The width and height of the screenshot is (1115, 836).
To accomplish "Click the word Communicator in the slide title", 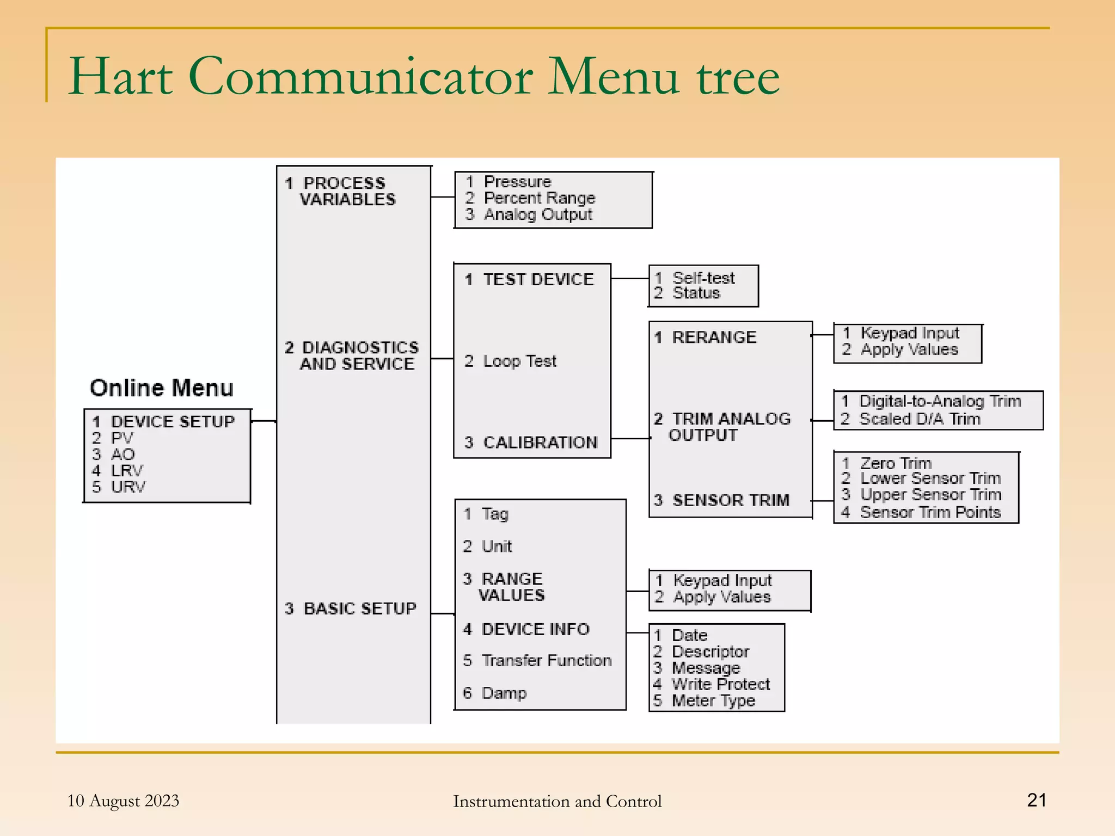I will click(x=361, y=77).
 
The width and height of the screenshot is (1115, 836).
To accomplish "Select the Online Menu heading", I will click(x=162, y=388).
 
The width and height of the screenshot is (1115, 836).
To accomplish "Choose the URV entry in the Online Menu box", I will click(x=128, y=487).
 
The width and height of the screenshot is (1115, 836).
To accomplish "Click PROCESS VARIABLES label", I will click(x=343, y=191).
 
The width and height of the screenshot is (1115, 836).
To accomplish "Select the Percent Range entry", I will click(x=539, y=198).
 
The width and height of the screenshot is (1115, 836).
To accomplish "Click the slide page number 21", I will click(x=1036, y=800).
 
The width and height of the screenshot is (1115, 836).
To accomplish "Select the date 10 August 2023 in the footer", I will click(x=123, y=801).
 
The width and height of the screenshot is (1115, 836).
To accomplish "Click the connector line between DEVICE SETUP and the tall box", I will click(x=264, y=421).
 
